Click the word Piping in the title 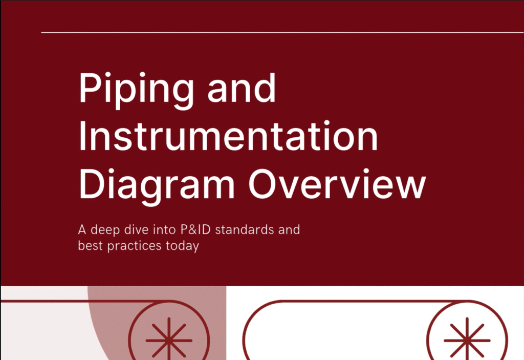pyautogui.click(x=136, y=90)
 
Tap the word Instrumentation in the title pyautogui.click(x=229, y=136)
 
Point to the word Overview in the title pyautogui.click(x=337, y=184)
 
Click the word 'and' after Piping pyautogui.click(x=242, y=88)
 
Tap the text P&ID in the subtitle pyautogui.click(x=195, y=230)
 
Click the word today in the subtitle pyautogui.click(x=183, y=246)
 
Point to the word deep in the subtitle pyautogui.click(x=105, y=230)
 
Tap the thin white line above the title pyautogui.click(x=282, y=32)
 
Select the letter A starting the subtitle pyautogui.click(x=82, y=230)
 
